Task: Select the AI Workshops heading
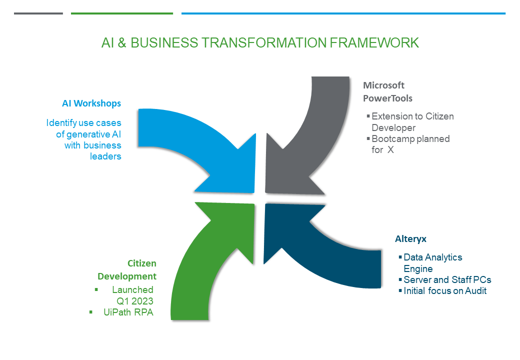(91, 103)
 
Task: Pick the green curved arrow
(200, 265)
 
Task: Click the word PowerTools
(387, 98)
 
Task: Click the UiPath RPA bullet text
(128, 312)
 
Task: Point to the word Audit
(474, 291)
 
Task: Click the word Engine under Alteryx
(418, 269)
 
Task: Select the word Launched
(132, 290)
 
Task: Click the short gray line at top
(38, 13)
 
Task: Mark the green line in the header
(122, 13)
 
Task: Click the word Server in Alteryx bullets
(416, 280)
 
